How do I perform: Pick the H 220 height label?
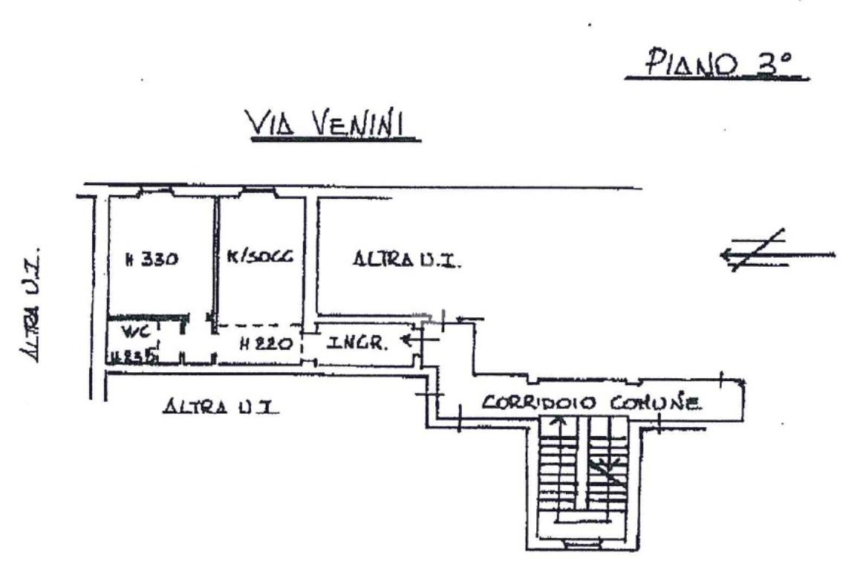tap(261, 344)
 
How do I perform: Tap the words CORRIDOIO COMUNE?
tap(591, 403)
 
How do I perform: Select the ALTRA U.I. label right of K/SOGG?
tap(408, 260)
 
